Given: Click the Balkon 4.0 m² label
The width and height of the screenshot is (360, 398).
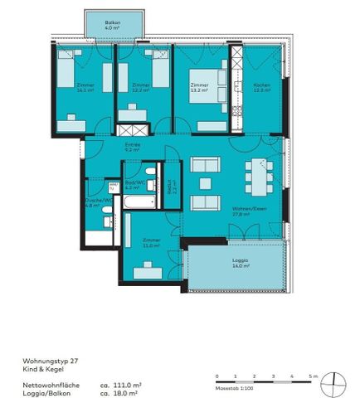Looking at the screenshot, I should point(114,24).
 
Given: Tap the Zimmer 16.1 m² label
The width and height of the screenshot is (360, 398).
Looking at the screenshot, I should point(83,88).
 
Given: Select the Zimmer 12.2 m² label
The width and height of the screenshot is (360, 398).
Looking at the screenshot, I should point(140,88).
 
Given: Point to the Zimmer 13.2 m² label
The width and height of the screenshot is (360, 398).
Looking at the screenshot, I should point(199,88).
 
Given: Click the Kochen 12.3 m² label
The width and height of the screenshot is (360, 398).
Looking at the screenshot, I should point(262,88).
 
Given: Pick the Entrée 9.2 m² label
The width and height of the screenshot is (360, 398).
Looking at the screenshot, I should point(132,148).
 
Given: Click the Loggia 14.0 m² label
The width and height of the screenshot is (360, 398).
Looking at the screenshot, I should point(240,264).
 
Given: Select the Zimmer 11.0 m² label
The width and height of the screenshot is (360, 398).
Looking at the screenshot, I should point(151,244).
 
